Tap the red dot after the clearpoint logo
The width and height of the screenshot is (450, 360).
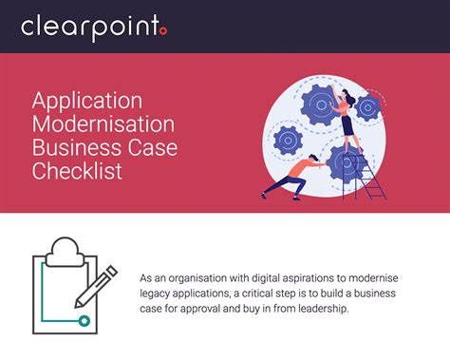coord(162,32)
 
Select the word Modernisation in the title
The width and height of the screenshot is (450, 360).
coord(102,124)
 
